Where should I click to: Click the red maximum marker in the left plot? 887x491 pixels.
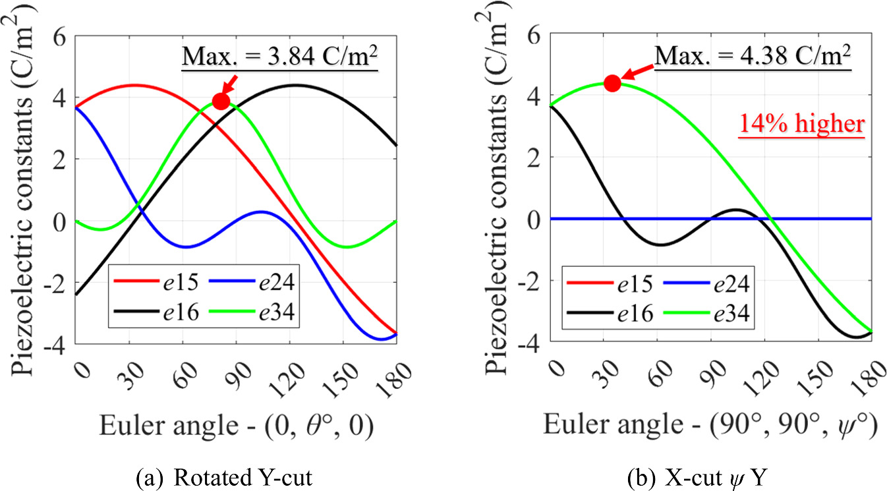pyautogui.click(x=221, y=101)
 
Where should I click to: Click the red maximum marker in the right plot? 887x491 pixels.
pyautogui.click(x=612, y=83)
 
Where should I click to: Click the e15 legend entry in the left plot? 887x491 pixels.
pyautogui.click(x=152, y=284)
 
